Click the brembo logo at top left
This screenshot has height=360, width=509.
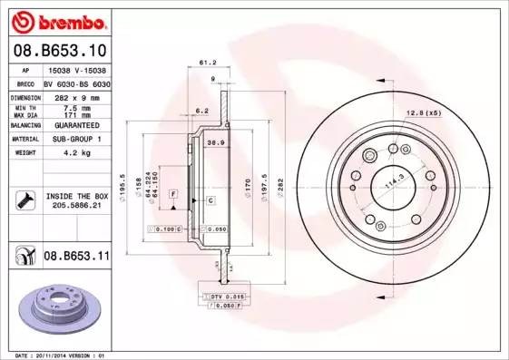[57, 20]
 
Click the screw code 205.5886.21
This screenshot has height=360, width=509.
[75, 206]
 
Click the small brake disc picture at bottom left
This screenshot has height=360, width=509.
[59, 306]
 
